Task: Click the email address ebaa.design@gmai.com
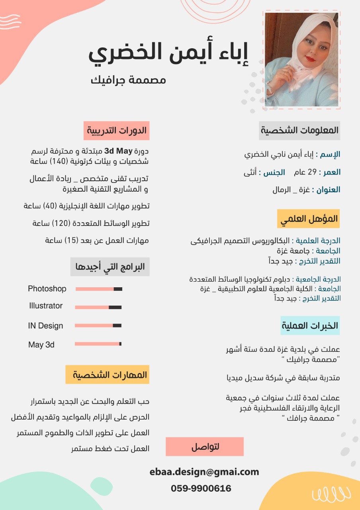coord(204,472)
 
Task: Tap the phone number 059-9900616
coord(201,488)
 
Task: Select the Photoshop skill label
coord(47,289)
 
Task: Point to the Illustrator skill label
coord(46,306)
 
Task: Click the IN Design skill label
coord(45,326)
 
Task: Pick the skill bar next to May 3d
coord(98,344)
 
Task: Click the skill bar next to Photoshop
coord(99,289)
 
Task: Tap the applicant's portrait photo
coord(301,60)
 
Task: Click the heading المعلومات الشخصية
coord(299,130)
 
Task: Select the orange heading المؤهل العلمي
coord(309,219)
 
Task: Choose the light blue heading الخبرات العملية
coord(310,326)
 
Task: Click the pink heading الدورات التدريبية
coord(117,131)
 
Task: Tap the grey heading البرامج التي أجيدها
coord(110,267)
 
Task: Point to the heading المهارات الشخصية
coord(108,375)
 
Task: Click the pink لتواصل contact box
coord(205,447)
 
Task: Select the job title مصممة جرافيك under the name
coord(128,80)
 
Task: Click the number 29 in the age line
coord(312,173)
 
